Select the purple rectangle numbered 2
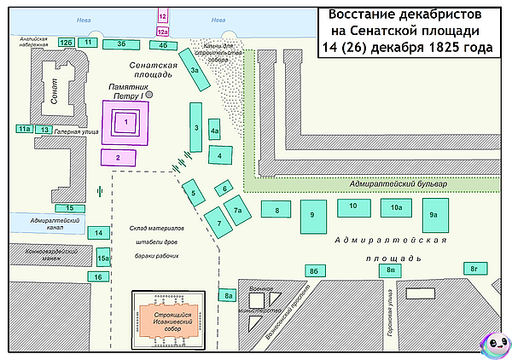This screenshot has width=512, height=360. click(118, 156)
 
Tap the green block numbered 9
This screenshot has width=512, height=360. click(313, 215)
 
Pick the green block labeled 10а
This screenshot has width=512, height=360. click(396, 207)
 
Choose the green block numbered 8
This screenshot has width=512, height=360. click(276, 210)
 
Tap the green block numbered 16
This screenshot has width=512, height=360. click(99, 277)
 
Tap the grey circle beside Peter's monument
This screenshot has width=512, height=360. click(149, 96)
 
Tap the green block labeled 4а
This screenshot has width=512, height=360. click(215, 131)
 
